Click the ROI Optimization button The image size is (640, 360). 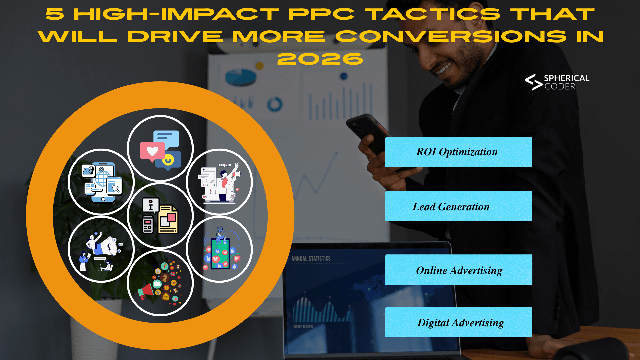(458, 152)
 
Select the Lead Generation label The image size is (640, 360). (458, 206)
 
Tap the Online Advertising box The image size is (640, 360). (458, 270)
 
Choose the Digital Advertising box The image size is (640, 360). (458, 322)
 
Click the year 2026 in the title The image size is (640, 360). (320, 59)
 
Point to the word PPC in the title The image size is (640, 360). (321, 15)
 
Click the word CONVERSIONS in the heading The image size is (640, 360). (451, 37)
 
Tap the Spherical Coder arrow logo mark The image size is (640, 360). (533, 82)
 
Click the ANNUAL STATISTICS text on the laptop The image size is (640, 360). (311, 259)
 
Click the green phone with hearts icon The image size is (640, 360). (220, 253)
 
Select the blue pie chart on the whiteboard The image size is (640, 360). (241, 77)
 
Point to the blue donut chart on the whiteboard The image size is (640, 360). (275, 104)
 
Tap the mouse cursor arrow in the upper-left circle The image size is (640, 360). (115, 188)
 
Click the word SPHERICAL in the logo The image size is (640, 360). (566, 78)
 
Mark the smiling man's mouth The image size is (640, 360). (444, 68)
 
